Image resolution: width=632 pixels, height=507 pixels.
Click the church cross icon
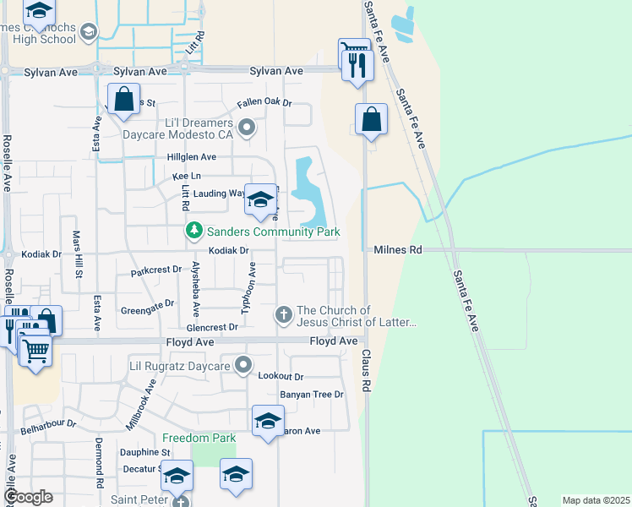[x=283, y=315]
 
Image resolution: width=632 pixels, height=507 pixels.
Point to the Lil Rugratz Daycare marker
[x=244, y=366]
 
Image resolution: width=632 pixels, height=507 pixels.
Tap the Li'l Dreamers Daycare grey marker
[x=247, y=128]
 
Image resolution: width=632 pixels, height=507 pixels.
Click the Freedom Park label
[x=199, y=438]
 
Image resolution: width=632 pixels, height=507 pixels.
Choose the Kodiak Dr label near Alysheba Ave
[x=229, y=251]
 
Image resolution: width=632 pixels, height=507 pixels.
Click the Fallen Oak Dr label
[x=264, y=103]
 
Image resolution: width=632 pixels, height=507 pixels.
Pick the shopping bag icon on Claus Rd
[x=371, y=119]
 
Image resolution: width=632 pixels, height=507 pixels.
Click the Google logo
[x=28, y=497]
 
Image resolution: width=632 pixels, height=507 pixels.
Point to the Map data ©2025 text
[x=597, y=499]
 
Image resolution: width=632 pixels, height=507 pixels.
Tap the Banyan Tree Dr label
[x=312, y=395]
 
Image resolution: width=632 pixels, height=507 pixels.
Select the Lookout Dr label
[x=281, y=376]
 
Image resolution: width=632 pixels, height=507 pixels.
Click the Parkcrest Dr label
[x=156, y=270]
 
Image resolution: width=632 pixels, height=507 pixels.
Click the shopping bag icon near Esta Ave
[x=123, y=99]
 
